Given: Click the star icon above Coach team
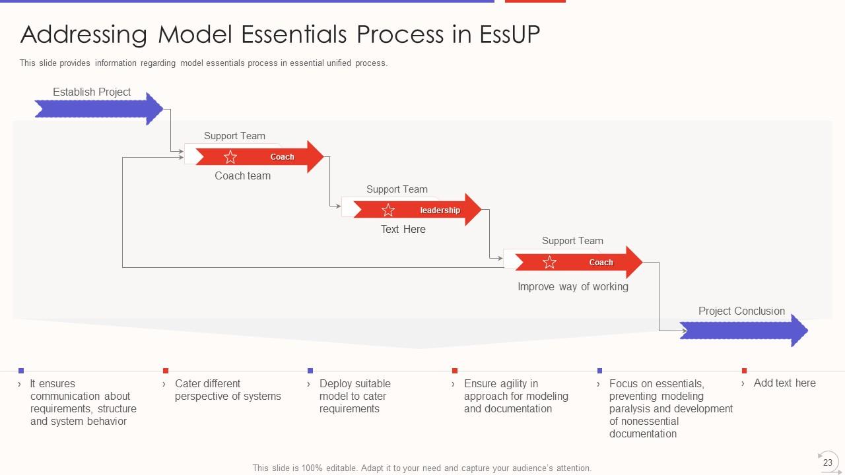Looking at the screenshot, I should pyautogui.click(x=230, y=157).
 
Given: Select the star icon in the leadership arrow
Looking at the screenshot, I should pyautogui.click(x=388, y=210).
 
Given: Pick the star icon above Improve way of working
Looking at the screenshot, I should pyautogui.click(x=549, y=263).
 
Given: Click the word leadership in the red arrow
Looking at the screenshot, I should pyautogui.click(x=440, y=210).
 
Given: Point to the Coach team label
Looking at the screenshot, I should pyautogui.click(x=243, y=176).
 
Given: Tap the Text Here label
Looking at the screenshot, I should pyautogui.click(x=403, y=230).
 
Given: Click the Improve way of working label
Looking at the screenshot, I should pyautogui.click(x=573, y=287).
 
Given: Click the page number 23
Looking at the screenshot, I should pyautogui.click(x=827, y=462).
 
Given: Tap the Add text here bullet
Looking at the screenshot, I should pyautogui.click(x=784, y=383).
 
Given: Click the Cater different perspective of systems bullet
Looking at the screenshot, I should pyautogui.click(x=228, y=390).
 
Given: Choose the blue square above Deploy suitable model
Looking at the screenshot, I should pyautogui.click(x=310, y=371).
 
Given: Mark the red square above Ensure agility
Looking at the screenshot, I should pyautogui.click(x=455, y=371).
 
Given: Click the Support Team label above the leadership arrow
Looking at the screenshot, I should pyautogui.click(x=397, y=189).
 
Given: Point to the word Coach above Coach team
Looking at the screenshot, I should pyautogui.click(x=283, y=157).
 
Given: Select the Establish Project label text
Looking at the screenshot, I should pyautogui.click(x=92, y=92).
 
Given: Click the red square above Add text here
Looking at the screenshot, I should pyautogui.click(x=744, y=371).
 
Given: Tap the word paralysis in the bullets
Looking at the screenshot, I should pyautogui.click(x=630, y=409).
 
